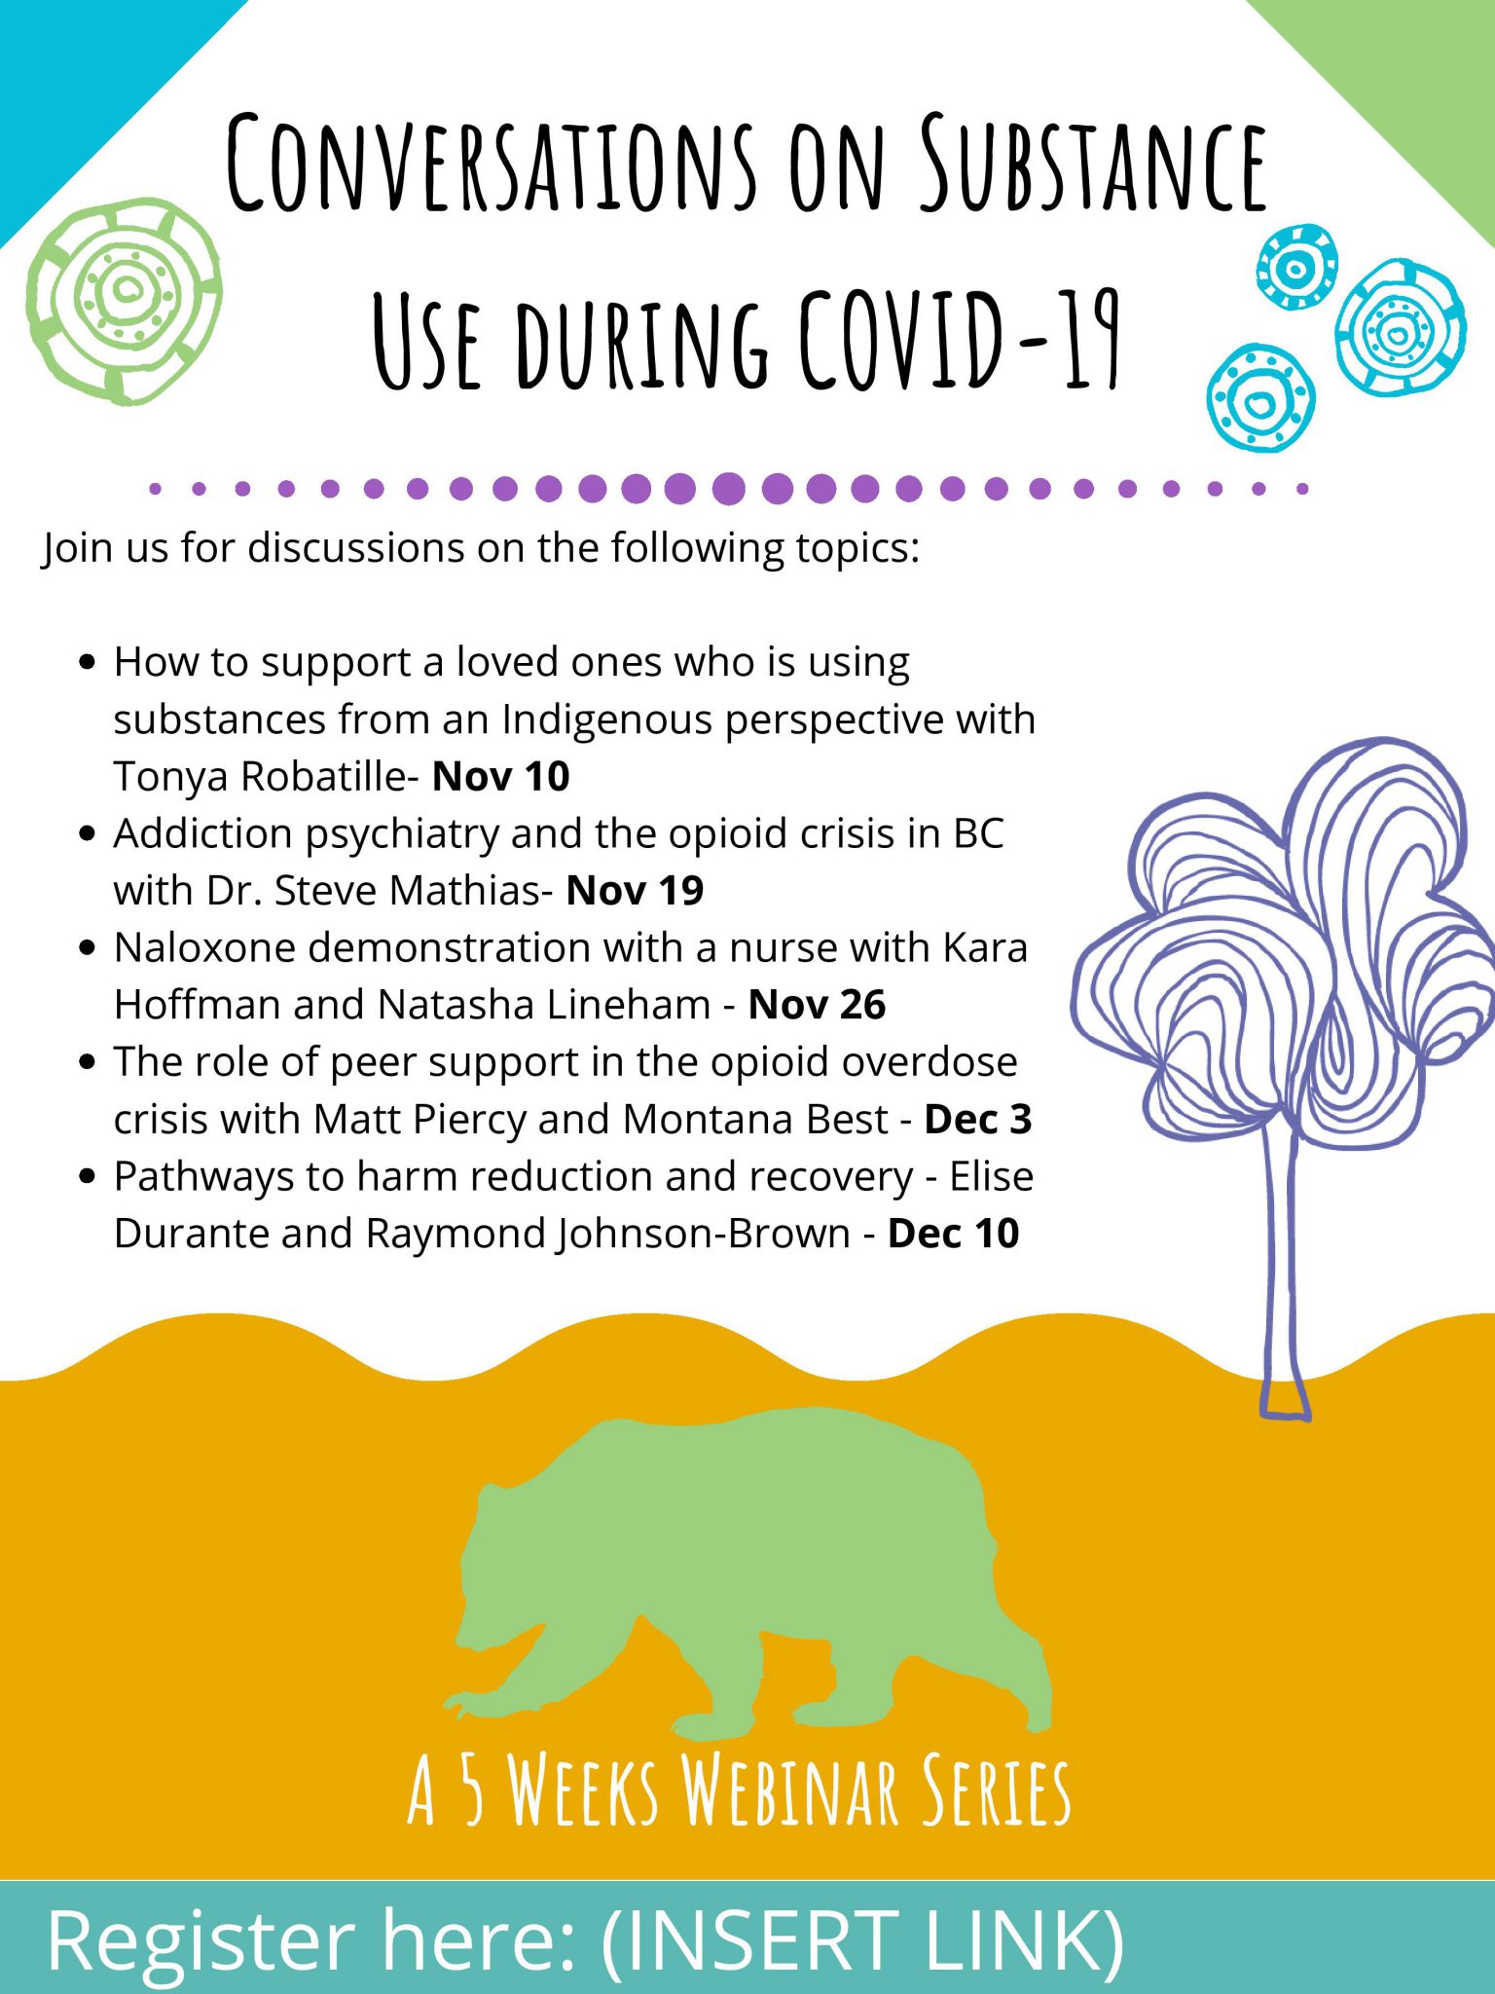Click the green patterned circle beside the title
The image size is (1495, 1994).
[x=125, y=300]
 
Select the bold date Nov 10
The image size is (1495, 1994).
[x=500, y=777]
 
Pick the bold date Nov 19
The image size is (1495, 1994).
[x=635, y=891]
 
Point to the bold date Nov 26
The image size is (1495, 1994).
[x=817, y=1005]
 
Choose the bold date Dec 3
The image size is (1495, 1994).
[x=978, y=1120]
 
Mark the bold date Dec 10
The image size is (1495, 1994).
[x=954, y=1234]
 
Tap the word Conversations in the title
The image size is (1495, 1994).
[x=491, y=163]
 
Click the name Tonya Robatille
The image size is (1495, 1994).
[x=260, y=777]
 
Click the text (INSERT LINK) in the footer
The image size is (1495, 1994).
[x=863, y=1940]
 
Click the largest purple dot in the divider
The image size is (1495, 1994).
[x=728, y=488]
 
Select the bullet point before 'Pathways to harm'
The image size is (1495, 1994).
[x=89, y=1176]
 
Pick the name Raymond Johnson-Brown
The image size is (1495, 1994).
[x=608, y=1234]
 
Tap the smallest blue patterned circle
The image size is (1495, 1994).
[x=1296, y=267]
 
